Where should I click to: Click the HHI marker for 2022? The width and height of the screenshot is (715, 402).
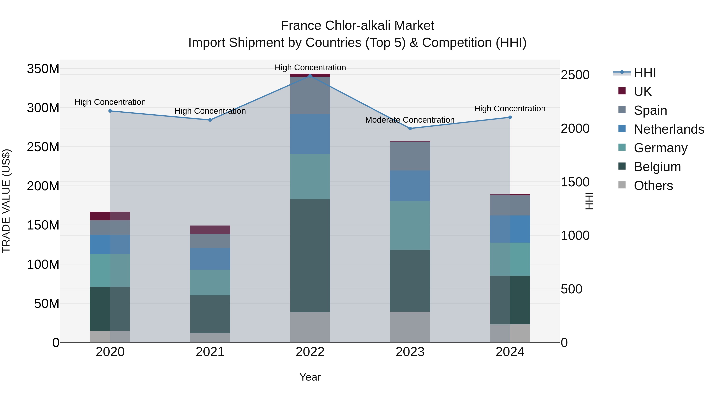click(310, 76)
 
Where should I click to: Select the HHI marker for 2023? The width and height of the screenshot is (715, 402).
click(410, 128)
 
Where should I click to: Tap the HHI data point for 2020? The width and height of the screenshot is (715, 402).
click(110, 111)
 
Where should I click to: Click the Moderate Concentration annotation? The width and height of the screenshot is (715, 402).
click(410, 120)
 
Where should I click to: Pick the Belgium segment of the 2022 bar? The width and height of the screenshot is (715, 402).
click(310, 255)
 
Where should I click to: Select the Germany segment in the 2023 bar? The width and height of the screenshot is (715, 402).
click(410, 225)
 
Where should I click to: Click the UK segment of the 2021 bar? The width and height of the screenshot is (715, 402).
click(210, 230)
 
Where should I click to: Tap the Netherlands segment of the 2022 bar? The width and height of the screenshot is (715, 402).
click(310, 134)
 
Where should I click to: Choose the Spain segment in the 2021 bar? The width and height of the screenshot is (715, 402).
click(210, 241)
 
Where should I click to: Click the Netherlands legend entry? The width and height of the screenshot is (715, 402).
click(669, 129)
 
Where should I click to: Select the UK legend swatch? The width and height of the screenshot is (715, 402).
click(622, 91)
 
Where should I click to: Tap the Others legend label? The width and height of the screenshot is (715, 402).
click(653, 186)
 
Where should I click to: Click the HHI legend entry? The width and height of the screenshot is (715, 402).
click(645, 73)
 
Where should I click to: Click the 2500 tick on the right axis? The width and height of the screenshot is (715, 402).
click(575, 75)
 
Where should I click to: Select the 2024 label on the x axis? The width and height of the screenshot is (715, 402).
click(510, 352)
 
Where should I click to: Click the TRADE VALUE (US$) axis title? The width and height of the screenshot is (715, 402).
click(6, 201)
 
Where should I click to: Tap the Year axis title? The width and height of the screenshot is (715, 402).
click(310, 377)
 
